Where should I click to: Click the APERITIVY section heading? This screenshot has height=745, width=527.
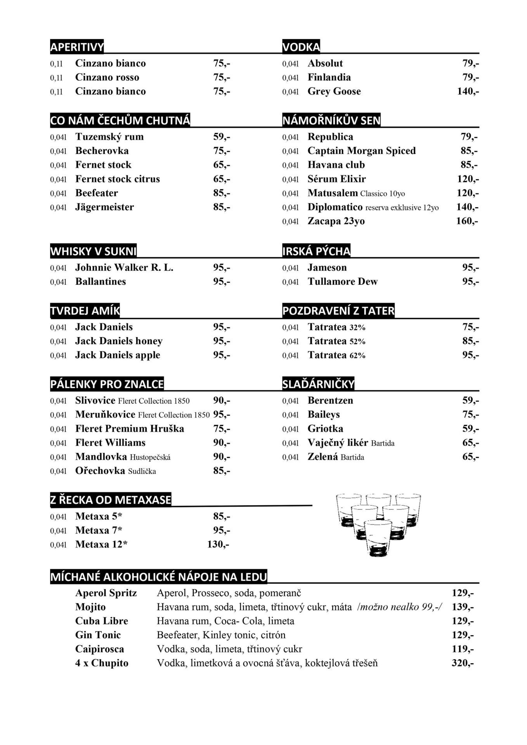[77, 47]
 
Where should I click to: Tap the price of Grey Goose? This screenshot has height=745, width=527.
[468, 92]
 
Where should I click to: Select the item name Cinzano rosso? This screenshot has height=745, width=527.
[107, 78]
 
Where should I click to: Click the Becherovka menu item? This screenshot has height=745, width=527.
[102, 151]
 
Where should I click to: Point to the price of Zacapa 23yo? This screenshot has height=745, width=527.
[467, 221]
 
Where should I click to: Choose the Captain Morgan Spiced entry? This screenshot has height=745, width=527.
[361, 151]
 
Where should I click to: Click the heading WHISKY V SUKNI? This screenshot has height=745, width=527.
[93, 251]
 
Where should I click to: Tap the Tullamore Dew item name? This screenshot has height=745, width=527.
[342, 282]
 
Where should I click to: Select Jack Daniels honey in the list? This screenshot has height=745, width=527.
[119, 341]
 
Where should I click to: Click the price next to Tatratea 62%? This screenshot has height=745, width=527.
[470, 355]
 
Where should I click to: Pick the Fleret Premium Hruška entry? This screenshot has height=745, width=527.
[130, 429]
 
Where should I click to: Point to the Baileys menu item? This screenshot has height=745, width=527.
[324, 415]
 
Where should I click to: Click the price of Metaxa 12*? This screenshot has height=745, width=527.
[218, 544]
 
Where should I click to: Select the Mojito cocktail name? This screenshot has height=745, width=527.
[90, 607]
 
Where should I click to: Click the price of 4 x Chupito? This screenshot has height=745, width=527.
[463, 663]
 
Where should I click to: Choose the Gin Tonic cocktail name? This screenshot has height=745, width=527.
[98, 635]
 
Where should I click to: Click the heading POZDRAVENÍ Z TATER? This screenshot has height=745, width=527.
[338, 311]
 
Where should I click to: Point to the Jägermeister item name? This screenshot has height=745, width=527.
[104, 207]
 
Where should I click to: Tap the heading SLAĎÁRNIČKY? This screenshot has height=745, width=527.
[318, 384]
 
